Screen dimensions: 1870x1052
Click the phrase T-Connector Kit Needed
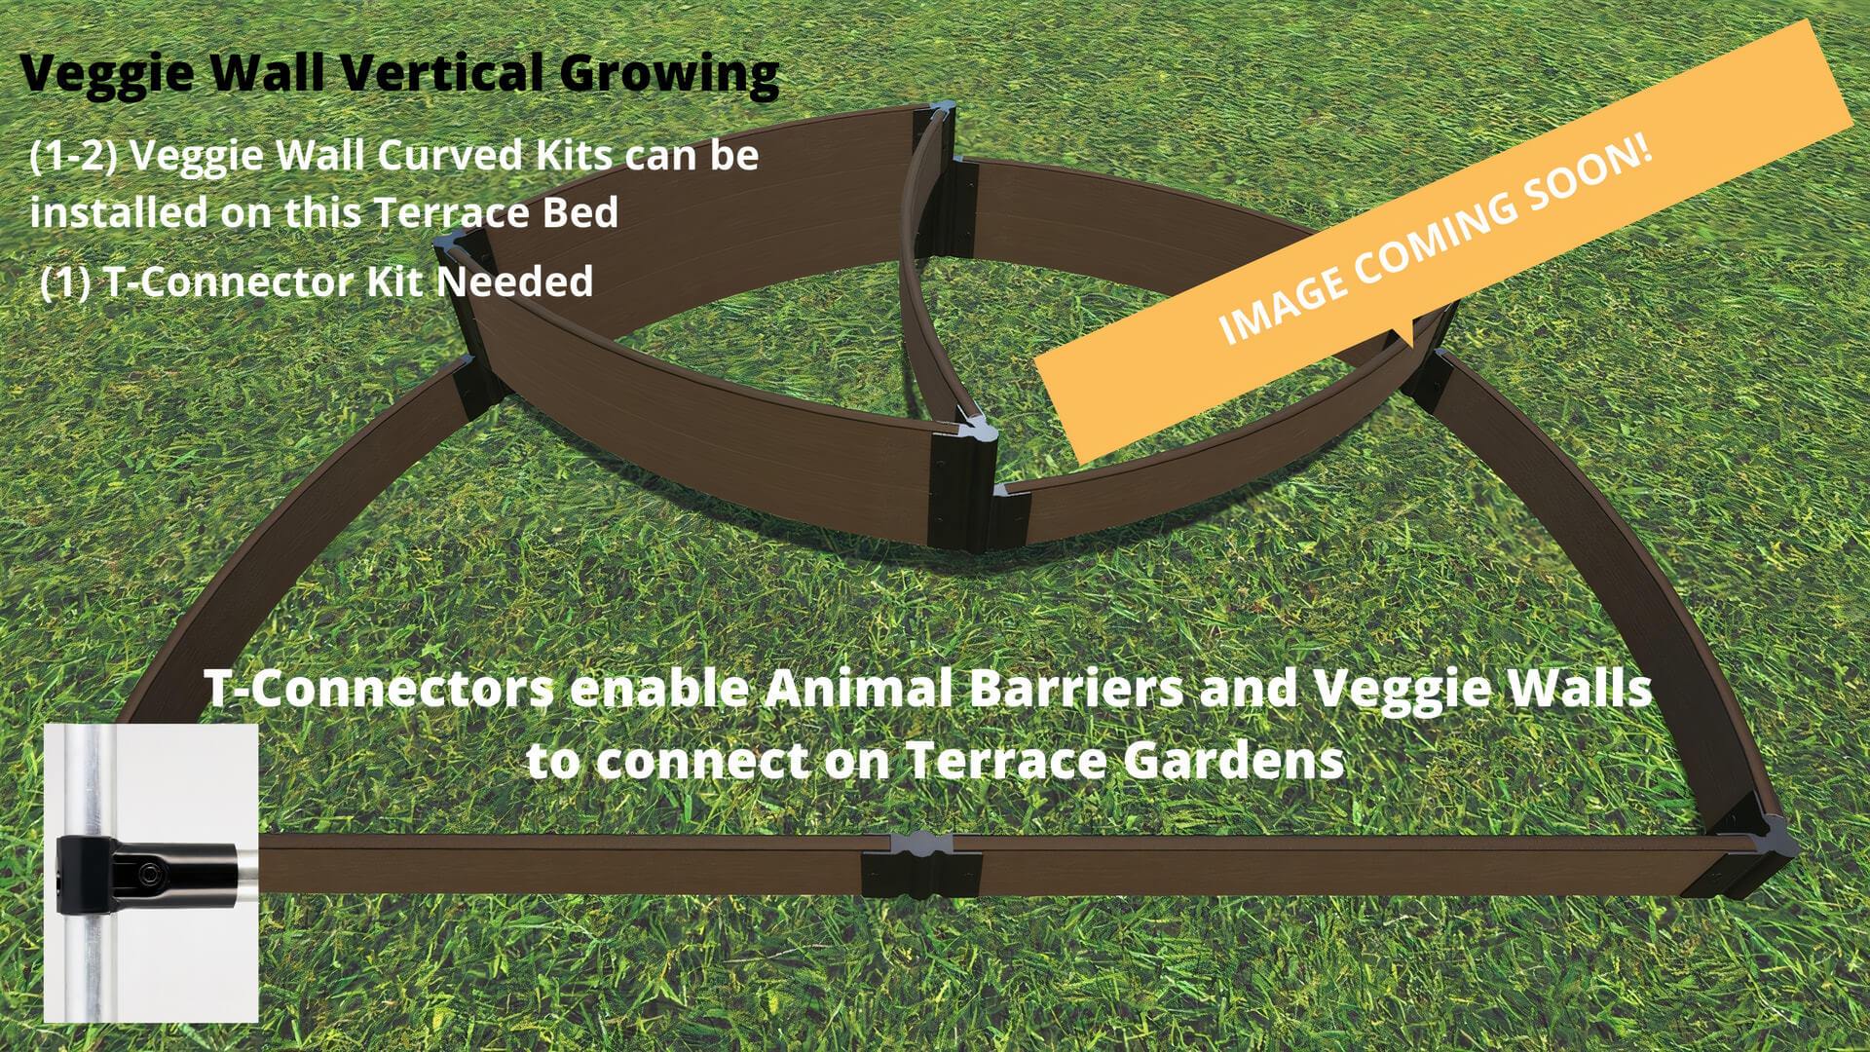(x=348, y=282)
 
